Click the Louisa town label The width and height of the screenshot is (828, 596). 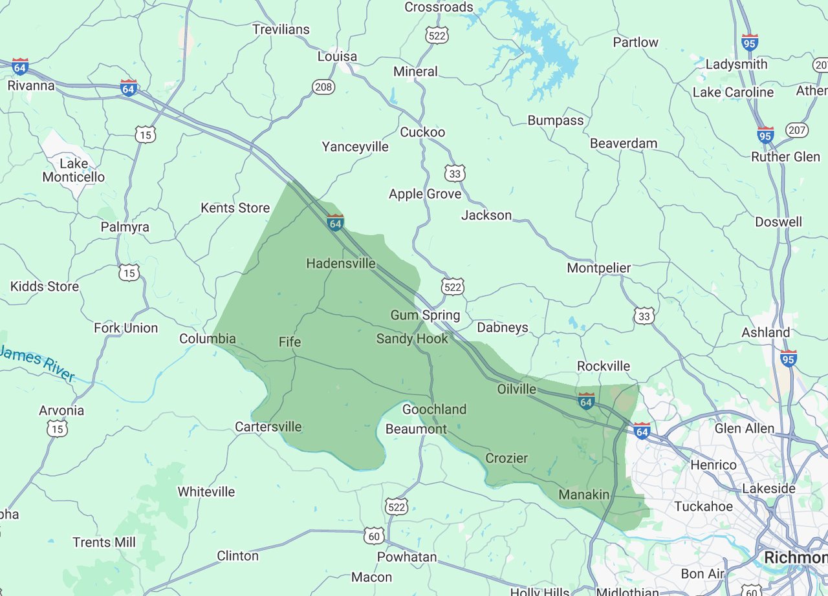click(x=337, y=56)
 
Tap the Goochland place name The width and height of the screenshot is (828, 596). click(x=434, y=409)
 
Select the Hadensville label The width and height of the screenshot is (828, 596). click(x=340, y=263)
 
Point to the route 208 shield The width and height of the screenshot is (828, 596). click(x=323, y=86)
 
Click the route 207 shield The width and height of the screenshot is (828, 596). click(x=797, y=131)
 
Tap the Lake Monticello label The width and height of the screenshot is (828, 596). click(x=73, y=170)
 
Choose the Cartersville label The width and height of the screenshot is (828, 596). click(x=268, y=427)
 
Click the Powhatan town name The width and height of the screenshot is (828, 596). click(x=408, y=557)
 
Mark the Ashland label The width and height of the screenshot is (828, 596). click(x=765, y=332)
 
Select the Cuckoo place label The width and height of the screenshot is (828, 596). click(x=422, y=132)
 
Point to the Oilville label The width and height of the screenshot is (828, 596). click(x=517, y=388)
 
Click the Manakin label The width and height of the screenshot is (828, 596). click(x=584, y=495)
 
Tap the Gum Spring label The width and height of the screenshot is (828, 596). click(x=425, y=315)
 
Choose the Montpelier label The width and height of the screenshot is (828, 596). click(x=598, y=268)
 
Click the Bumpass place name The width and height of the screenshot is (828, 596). click(x=555, y=120)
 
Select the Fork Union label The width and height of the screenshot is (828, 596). click(x=125, y=328)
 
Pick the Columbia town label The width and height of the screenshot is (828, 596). click(x=207, y=339)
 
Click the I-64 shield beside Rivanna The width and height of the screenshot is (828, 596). click(x=20, y=67)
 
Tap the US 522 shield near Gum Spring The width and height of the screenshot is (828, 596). click(x=453, y=286)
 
